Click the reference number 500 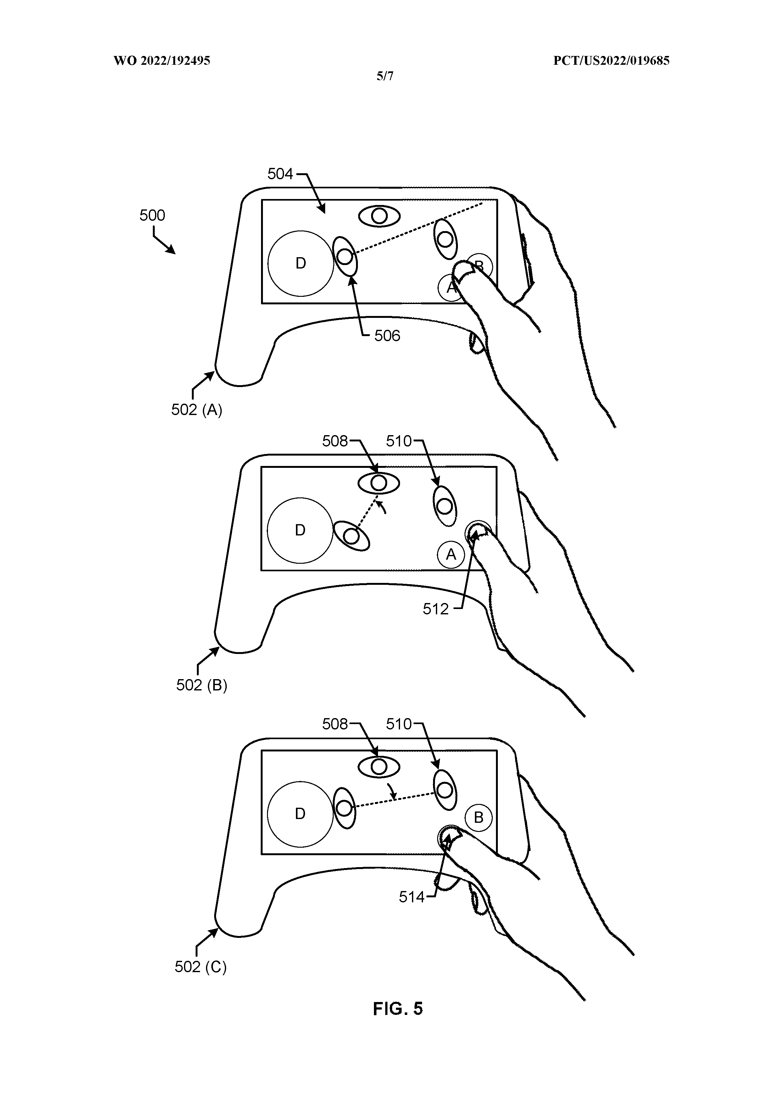tap(152, 215)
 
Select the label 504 tap(280, 174)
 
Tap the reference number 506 tap(387, 335)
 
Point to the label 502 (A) tap(197, 410)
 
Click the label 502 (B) tap(202, 685)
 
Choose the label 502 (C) tap(201, 967)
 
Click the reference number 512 tap(435, 609)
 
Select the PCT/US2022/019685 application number tap(611, 61)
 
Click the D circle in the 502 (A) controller tap(300, 263)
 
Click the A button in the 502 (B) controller tap(451, 555)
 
